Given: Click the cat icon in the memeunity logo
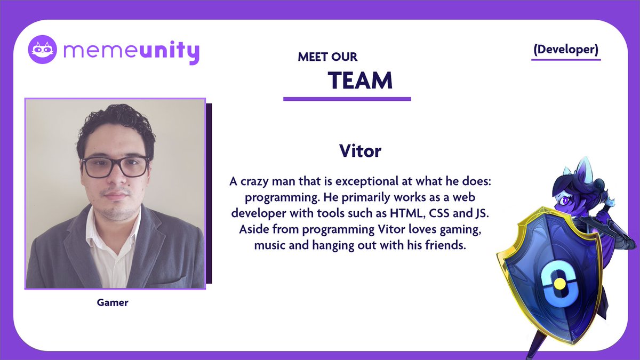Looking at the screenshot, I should click(43, 50).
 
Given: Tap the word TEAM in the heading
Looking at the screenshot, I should click(360, 81).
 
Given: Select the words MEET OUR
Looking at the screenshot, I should click(327, 57).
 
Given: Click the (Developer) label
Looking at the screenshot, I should click(565, 49).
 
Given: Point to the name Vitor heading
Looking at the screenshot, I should click(360, 151).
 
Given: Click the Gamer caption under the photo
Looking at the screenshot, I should click(113, 302).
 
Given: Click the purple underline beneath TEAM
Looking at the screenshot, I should click(347, 99).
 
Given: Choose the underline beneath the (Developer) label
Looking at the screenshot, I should click(565, 59).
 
